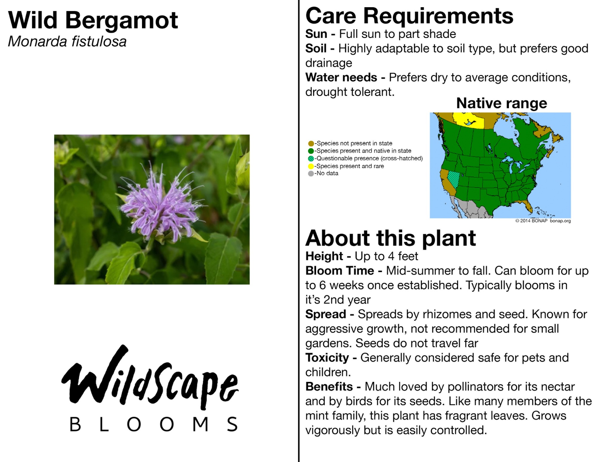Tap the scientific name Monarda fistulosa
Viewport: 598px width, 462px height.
point(67,41)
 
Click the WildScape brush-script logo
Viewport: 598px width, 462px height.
point(149,378)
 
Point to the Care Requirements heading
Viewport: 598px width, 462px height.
point(409,16)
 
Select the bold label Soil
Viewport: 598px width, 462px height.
point(316,48)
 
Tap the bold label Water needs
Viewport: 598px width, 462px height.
point(341,77)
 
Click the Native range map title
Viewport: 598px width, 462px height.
point(502,103)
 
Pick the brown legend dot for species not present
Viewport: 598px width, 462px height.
point(311,144)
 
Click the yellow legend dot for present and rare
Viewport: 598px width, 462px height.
point(311,166)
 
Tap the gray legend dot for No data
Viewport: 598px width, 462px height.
point(311,174)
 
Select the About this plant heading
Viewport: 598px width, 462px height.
point(390,238)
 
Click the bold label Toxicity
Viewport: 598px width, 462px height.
point(327,358)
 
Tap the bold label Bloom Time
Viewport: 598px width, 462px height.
point(340,271)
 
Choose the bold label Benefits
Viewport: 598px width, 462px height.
point(329,387)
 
